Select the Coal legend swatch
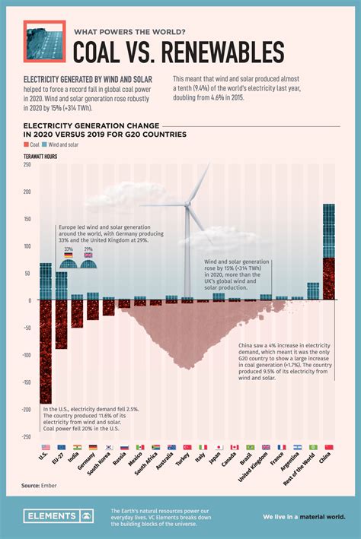(27, 143)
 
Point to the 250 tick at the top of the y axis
(27, 164)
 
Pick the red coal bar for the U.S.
(46, 350)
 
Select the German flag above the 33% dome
(69, 255)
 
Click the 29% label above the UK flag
(88, 249)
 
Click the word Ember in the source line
(50, 484)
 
